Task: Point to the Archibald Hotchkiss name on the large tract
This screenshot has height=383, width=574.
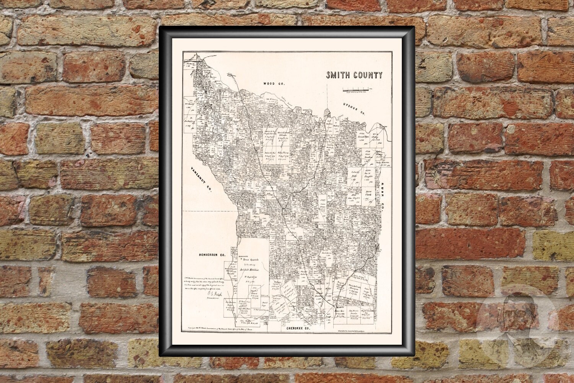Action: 253,271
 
